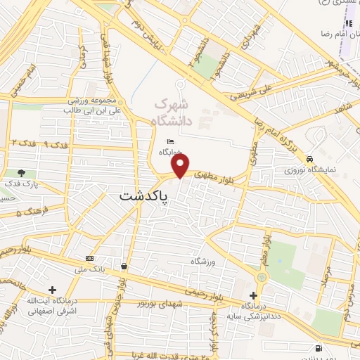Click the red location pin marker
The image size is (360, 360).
coord(181,166)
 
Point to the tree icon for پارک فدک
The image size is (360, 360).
coord(22,173)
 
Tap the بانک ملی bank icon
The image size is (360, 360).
coord(89,257)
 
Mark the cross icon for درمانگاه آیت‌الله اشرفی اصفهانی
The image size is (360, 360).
coord(53,289)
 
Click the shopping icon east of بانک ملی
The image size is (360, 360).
coord(124,266)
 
